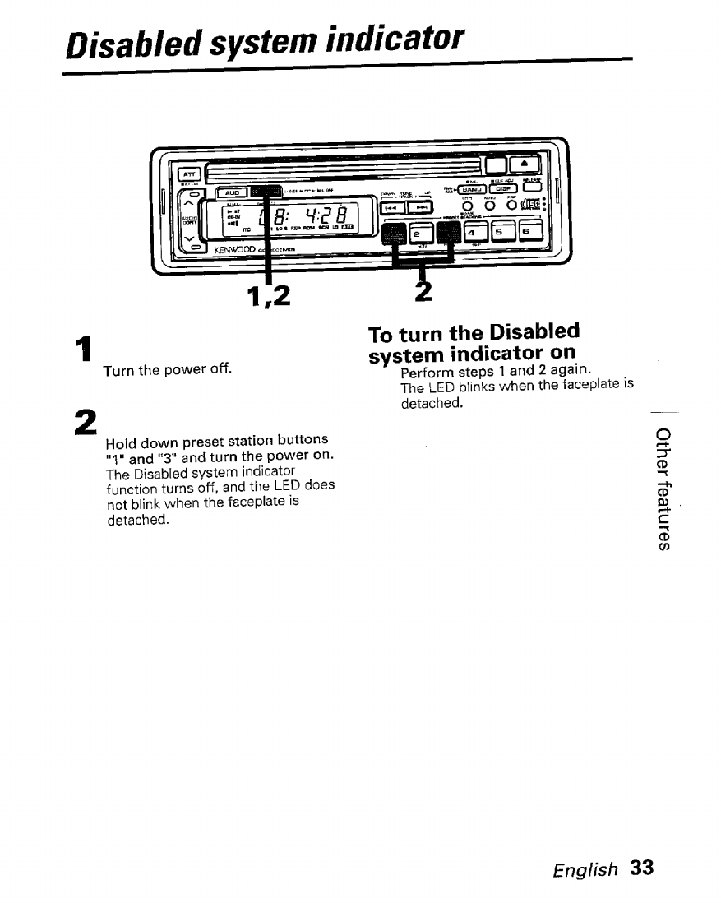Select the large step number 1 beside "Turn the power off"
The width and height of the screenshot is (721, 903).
[x=81, y=353]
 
